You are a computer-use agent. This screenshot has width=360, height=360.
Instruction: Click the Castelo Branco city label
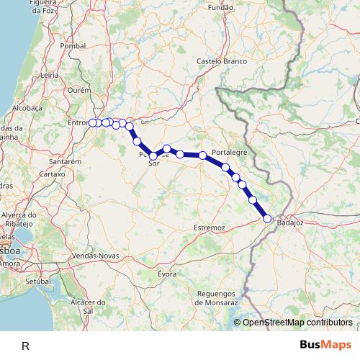pyautogui.click(x=222, y=61)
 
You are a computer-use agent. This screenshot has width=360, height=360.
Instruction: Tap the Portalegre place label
pyautogui.click(x=230, y=153)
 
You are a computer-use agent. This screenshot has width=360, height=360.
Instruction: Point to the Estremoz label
pyautogui.click(x=210, y=228)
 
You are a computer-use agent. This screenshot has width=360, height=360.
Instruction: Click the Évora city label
pyautogui.click(x=167, y=274)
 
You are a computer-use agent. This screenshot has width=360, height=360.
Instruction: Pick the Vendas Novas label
pyautogui.click(x=96, y=256)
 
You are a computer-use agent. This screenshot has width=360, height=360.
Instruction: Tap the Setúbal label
pyautogui.click(x=40, y=281)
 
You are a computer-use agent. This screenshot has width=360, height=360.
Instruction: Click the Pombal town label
pyautogui.click(x=73, y=45)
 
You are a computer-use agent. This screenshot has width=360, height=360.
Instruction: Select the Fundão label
pyautogui.click(x=220, y=7)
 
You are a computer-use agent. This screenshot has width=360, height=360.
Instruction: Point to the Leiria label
pyautogui.click(x=50, y=74)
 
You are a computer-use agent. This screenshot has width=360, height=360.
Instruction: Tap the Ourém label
pyautogui.click(x=78, y=91)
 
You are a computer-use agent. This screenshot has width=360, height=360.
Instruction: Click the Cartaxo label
pyautogui.click(x=52, y=174)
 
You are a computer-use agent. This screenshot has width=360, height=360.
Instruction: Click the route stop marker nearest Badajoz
pyautogui.click(x=267, y=218)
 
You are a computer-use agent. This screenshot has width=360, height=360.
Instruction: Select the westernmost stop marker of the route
pyautogui.click(x=93, y=122)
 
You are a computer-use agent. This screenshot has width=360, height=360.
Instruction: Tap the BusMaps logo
pyautogui.click(x=326, y=345)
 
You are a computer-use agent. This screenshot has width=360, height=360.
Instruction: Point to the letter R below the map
pyautogui.click(x=25, y=346)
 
